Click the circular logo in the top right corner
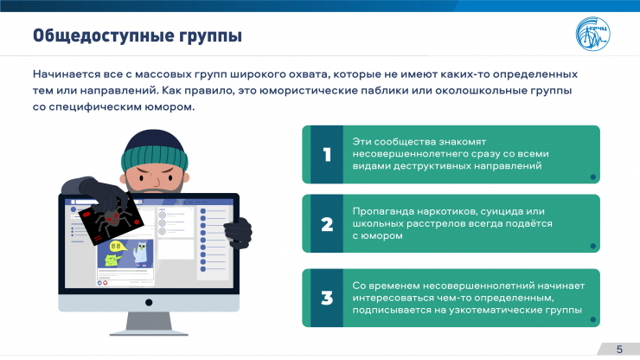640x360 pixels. [592, 34]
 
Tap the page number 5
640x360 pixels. [619, 350]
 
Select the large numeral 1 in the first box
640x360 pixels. [327, 154]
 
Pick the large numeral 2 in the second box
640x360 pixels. [327, 224]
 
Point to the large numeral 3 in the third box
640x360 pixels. [327, 298]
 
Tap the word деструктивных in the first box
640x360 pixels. [432, 166]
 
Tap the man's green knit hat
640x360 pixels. [154, 152]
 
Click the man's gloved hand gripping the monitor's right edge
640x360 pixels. [238, 233]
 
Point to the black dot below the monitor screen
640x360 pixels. [149, 303]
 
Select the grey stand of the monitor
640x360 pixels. [149, 324]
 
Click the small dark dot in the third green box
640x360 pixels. [593, 319]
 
